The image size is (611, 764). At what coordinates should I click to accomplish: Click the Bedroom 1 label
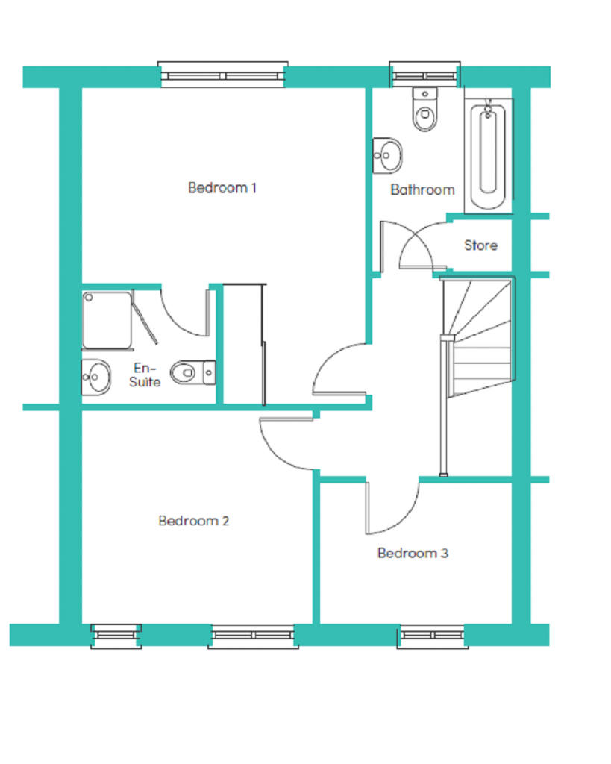coord(222,187)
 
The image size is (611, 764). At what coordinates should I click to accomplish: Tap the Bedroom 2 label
coord(193,521)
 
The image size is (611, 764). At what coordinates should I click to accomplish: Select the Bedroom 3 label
coord(413,553)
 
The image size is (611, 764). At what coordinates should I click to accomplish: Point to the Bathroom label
coord(422,190)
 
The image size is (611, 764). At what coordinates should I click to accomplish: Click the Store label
coord(481,245)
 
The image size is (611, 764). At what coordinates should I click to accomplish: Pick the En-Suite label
coord(145,375)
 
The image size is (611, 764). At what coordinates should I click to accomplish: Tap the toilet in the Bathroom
coord(425,109)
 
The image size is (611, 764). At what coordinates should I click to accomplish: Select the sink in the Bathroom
coord(387,155)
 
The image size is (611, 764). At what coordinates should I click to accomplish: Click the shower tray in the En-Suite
coord(107,321)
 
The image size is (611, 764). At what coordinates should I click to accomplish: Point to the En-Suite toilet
coord(193,373)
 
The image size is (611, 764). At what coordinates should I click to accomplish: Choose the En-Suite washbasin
coord(96,377)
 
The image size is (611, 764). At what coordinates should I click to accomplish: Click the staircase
coord(478,337)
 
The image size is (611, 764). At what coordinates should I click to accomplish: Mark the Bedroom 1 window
coord(222,75)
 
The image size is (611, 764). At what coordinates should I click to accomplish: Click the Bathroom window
coord(424,75)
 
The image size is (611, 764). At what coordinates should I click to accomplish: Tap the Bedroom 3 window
coord(433,636)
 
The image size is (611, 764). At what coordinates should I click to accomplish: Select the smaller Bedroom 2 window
coord(116,636)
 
